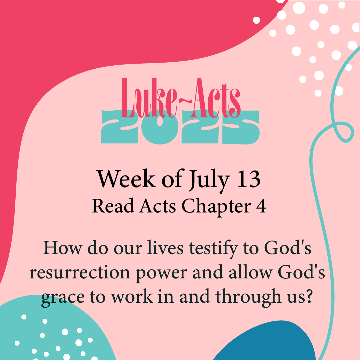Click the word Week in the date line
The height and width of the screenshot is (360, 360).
[126, 179]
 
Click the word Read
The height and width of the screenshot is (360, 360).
[113, 206]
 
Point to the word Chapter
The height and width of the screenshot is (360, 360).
[216, 207]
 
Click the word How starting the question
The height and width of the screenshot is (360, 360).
[63, 248]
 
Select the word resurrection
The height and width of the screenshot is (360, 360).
[80, 272]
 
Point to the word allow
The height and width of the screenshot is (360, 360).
[250, 272]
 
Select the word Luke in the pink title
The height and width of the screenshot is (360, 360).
[148, 98]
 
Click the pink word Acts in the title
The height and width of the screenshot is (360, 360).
[216, 98]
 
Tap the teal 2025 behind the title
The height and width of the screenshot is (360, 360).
[180, 128]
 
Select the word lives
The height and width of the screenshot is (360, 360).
[165, 248]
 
